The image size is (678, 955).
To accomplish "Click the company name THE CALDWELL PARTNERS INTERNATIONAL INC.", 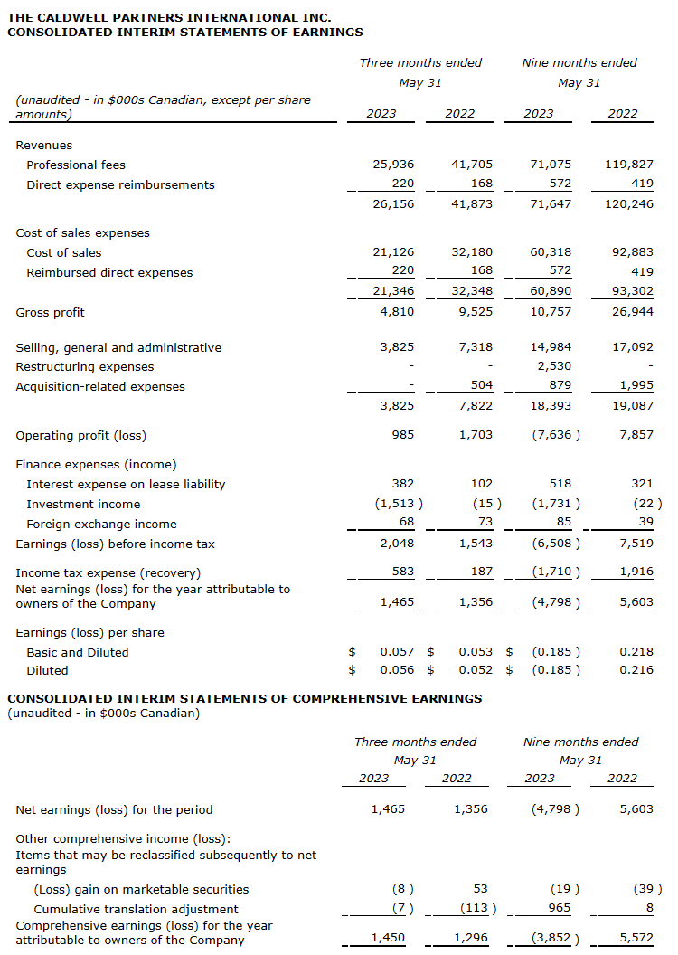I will pos(169,17).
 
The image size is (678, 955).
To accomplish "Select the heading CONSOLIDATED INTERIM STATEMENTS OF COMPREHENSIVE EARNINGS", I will pos(244,698).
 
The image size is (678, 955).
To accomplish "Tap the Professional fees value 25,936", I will pos(393,165).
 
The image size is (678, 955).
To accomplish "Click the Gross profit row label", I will pos(51,312).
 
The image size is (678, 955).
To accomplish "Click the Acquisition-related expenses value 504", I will pos(483,386).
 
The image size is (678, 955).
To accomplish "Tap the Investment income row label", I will pos(83,504).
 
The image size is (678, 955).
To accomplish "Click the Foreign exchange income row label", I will pos(101,524).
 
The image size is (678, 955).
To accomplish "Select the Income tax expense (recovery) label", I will pos(108,572).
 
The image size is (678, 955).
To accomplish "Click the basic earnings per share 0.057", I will pos(397,652).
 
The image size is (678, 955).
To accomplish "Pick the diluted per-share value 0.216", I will pos(636,670).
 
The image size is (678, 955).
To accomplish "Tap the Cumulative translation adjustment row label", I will pos(136,909).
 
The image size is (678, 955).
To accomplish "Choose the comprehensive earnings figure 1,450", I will pos(389,938).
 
